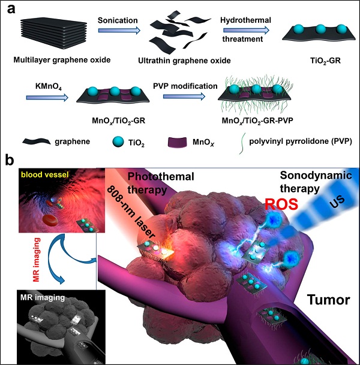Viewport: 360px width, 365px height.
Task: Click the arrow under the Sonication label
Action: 119,31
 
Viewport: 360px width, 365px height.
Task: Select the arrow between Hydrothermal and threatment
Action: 246,30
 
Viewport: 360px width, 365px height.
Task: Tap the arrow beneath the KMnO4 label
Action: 47,98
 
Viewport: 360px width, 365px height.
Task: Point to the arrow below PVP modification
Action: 184,96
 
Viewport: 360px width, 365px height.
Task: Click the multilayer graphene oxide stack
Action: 53,34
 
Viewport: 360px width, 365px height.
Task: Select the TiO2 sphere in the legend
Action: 118,141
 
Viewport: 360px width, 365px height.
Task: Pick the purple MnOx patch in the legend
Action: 178,142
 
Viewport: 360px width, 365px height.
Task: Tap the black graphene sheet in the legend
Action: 37,141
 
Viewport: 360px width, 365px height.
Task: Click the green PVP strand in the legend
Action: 242,144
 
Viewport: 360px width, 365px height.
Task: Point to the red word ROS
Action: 281,204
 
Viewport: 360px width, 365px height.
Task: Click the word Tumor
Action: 329,300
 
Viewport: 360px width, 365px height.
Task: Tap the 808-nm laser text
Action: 131,212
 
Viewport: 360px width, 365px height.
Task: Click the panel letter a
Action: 11,10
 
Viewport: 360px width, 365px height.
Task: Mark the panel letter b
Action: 10,161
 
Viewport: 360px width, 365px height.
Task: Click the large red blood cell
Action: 50,220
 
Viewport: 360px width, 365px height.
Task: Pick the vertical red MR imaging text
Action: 37,260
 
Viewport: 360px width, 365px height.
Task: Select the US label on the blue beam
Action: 337,201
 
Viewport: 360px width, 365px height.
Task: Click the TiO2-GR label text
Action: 325,61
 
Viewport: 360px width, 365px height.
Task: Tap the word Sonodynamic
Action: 316,175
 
